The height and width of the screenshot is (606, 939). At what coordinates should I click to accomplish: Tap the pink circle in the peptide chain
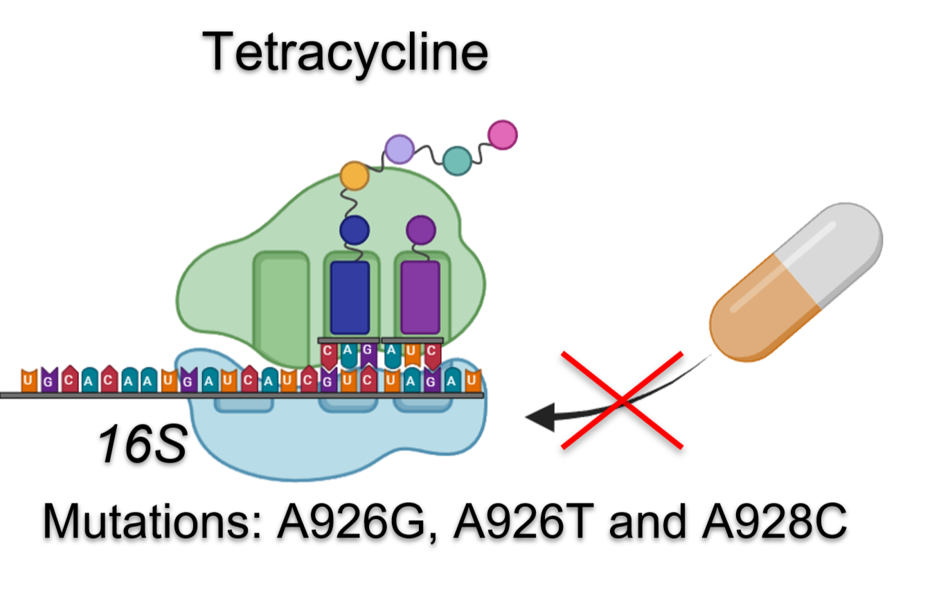tap(502, 134)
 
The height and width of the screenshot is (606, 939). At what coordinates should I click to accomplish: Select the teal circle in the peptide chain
tap(456, 160)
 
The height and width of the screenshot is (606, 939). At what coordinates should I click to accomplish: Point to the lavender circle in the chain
tap(400, 148)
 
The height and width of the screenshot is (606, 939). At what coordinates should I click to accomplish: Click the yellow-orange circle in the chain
tap(355, 177)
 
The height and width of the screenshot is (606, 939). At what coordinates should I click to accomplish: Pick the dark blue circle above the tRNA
tap(355, 229)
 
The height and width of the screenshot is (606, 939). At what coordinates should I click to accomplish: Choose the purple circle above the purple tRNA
tap(420, 229)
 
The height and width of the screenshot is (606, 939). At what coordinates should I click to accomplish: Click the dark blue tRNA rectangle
tap(350, 297)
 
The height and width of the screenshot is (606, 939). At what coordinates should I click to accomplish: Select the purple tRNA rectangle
tap(420, 297)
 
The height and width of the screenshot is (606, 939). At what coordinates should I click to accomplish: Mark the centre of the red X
tap(622, 400)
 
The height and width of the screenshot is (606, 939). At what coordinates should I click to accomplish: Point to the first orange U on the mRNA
tap(28, 380)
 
